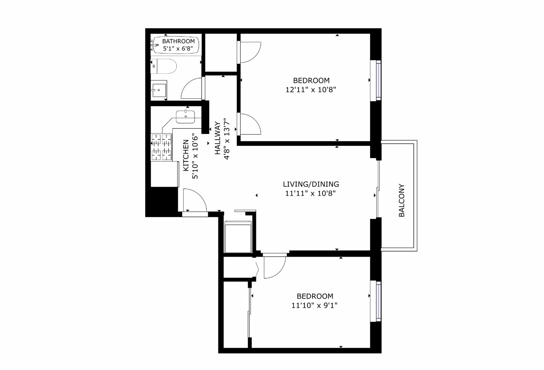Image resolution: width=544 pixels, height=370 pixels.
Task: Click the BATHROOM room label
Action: click(178, 41)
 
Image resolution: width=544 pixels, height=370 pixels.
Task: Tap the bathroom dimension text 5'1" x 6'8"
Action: click(178, 48)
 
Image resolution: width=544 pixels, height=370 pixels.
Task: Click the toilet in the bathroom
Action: click(164, 66)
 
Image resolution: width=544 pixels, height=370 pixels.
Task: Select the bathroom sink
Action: click(159, 89)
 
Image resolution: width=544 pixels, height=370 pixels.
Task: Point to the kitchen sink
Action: click(185, 116)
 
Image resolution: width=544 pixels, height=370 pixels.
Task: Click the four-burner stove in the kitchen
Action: click(162, 147)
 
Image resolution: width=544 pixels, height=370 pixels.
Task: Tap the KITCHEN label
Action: click(186, 155)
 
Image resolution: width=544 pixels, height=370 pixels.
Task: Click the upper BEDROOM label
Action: click(311, 80)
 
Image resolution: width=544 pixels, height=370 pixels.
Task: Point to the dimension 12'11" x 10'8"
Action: click(311, 90)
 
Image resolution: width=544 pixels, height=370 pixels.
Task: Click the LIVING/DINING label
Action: click(311, 184)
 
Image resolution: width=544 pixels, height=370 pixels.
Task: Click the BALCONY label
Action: click(402, 200)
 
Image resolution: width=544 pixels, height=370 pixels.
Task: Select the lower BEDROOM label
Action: click(315, 296)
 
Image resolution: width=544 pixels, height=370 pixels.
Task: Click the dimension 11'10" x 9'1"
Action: click(315, 306)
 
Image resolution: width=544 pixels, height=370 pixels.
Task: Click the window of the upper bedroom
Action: click(378, 80)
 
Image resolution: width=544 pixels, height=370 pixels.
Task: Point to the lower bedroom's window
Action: click(378, 301)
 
